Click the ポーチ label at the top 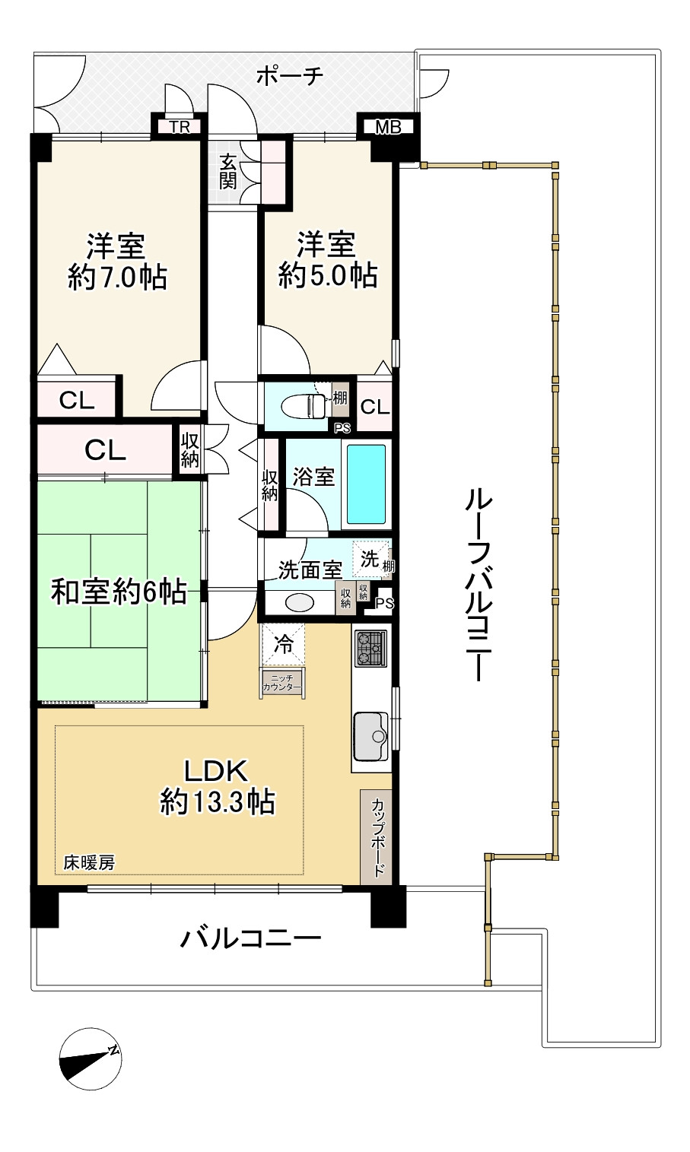click(290, 77)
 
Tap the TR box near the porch click(180, 126)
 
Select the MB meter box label click(388, 126)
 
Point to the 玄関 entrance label click(228, 172)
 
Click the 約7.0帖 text click(117, 278)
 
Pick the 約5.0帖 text click(328, 275)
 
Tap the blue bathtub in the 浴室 click(367, 484)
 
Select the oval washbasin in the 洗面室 click(300, 603)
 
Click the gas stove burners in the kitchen click(370, 649)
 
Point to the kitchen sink click(371, 737)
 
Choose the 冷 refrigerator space click(283, 644)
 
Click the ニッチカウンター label click(282, 683)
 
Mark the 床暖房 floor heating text click(89, 862)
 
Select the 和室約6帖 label click(119, 591)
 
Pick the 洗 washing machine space click(370, 558)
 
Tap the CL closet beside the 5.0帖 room click(374, 407)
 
